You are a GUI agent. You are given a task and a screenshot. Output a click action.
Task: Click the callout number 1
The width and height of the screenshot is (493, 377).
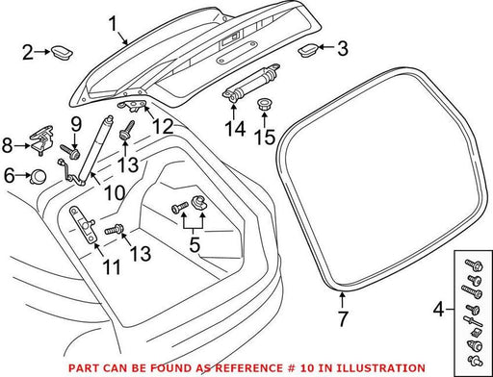[x=113, y=24]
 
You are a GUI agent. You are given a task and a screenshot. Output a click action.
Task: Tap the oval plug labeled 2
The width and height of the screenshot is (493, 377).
[x=62, y=52]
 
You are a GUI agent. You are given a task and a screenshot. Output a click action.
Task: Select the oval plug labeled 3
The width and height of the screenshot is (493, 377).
[x=308, y=50]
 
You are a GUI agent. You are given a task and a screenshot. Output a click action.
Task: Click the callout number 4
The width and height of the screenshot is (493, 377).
[x=438, y=310]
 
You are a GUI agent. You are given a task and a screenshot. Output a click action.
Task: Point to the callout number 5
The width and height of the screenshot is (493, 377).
[x=195, y=244]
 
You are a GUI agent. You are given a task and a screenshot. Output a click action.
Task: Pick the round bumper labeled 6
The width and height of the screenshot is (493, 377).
[x=39, y=176]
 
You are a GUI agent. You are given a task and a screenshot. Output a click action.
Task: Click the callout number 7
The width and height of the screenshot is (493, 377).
[x=343, y=318]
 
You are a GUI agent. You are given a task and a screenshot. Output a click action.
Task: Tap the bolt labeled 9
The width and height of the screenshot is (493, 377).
[x=69, y=152]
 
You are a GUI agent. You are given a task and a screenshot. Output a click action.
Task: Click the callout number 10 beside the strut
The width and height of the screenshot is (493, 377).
[x=115, y=193]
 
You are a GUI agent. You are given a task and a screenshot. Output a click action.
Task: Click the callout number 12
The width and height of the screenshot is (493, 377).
[x=163, y=127]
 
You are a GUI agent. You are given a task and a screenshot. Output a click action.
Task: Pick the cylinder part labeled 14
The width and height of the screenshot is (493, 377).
[x=249, y=83]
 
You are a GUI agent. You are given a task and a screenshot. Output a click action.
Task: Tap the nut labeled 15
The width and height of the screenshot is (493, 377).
[x=264, y=105]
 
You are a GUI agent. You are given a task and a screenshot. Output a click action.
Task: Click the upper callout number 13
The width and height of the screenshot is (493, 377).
[x=128, y=165]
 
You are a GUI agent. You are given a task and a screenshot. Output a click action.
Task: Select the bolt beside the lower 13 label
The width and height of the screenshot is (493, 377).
[x=114, y=230]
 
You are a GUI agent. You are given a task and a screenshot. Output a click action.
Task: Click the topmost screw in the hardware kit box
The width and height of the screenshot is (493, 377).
[x=474, y=265]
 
